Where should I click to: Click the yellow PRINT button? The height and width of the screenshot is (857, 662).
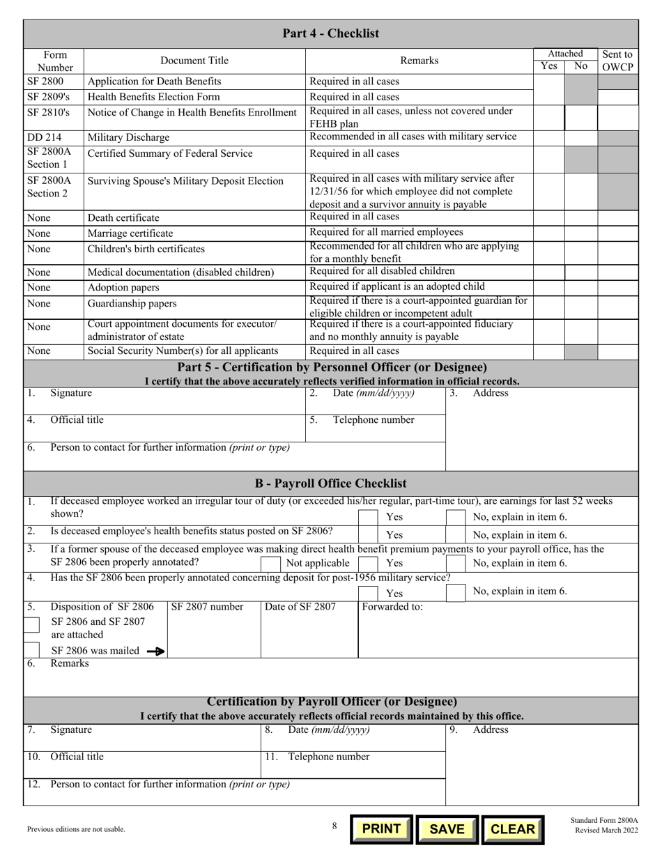pyautogui.click(x=381, y=828)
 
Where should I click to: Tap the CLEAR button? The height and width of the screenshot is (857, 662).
pyautogui.click(x=512, y=828)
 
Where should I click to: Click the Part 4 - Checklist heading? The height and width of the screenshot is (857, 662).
pyautogui.click(x=331, y=33)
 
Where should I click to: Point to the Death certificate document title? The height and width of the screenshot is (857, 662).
pyautogui.click(x=123, y=218)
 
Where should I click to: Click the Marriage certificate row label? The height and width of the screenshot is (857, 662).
pyautogui.click(x=130, y=233)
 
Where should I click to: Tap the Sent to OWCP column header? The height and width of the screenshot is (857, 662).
pyautogui.click(x=617, y=61)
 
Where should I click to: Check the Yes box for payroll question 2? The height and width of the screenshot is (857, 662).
pyautogui.click(x=369, y=535)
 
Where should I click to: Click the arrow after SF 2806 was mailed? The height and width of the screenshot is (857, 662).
pyautogui.click(x=156, y=651)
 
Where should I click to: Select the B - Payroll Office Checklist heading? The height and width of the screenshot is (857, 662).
pyautogui.click(x=331, y=484)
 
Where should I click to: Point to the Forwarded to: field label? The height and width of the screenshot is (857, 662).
pyautogui.click(x=392, y=607)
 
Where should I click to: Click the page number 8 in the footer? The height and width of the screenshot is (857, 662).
pyautogui.click(x=334, y=826)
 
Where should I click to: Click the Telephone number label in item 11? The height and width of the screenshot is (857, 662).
pyautogui.click(x=329, y=757)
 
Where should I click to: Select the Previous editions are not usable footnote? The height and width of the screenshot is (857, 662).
pyautogui.click(x=77, y=829)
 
